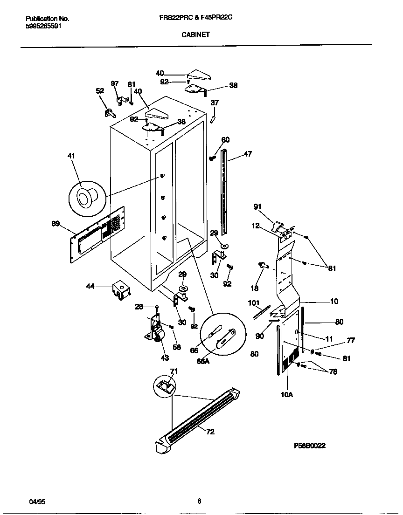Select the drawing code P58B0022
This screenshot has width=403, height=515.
click(x=309, y=446)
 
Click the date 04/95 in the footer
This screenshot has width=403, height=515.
click(x=37, y=501)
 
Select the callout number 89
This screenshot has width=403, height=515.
click(x=56, y=224)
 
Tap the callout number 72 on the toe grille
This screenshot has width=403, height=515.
click(x=210, y=432)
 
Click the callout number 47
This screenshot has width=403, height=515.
click(x=248, y=154)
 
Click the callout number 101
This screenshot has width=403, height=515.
click(x=254, y=303)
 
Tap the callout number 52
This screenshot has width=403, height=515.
click(x=100, y=91)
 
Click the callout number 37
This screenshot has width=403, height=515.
click(x=215, y=103)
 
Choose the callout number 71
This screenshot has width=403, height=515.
click(x=174, y=371)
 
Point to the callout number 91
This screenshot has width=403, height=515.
click(x=257, y=206)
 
